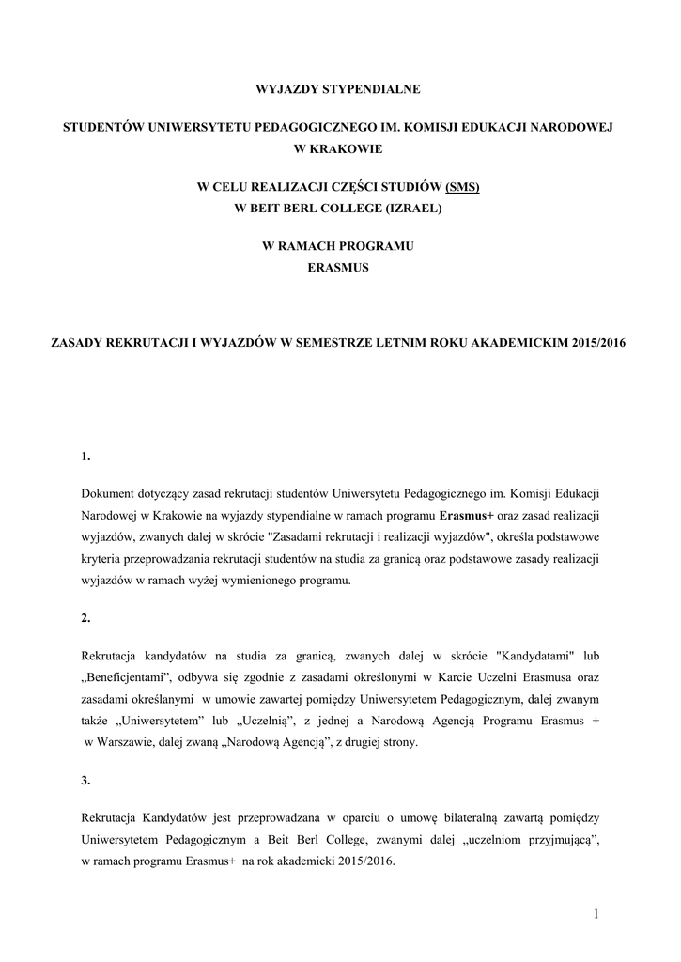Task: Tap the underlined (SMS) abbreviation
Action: (x=462, y=187)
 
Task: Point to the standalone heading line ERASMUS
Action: (x=339, y=268)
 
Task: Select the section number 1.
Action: (x=86, y=457)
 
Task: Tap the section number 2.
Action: (x=86, y=617)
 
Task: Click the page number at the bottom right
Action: (x=595, y=913)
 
